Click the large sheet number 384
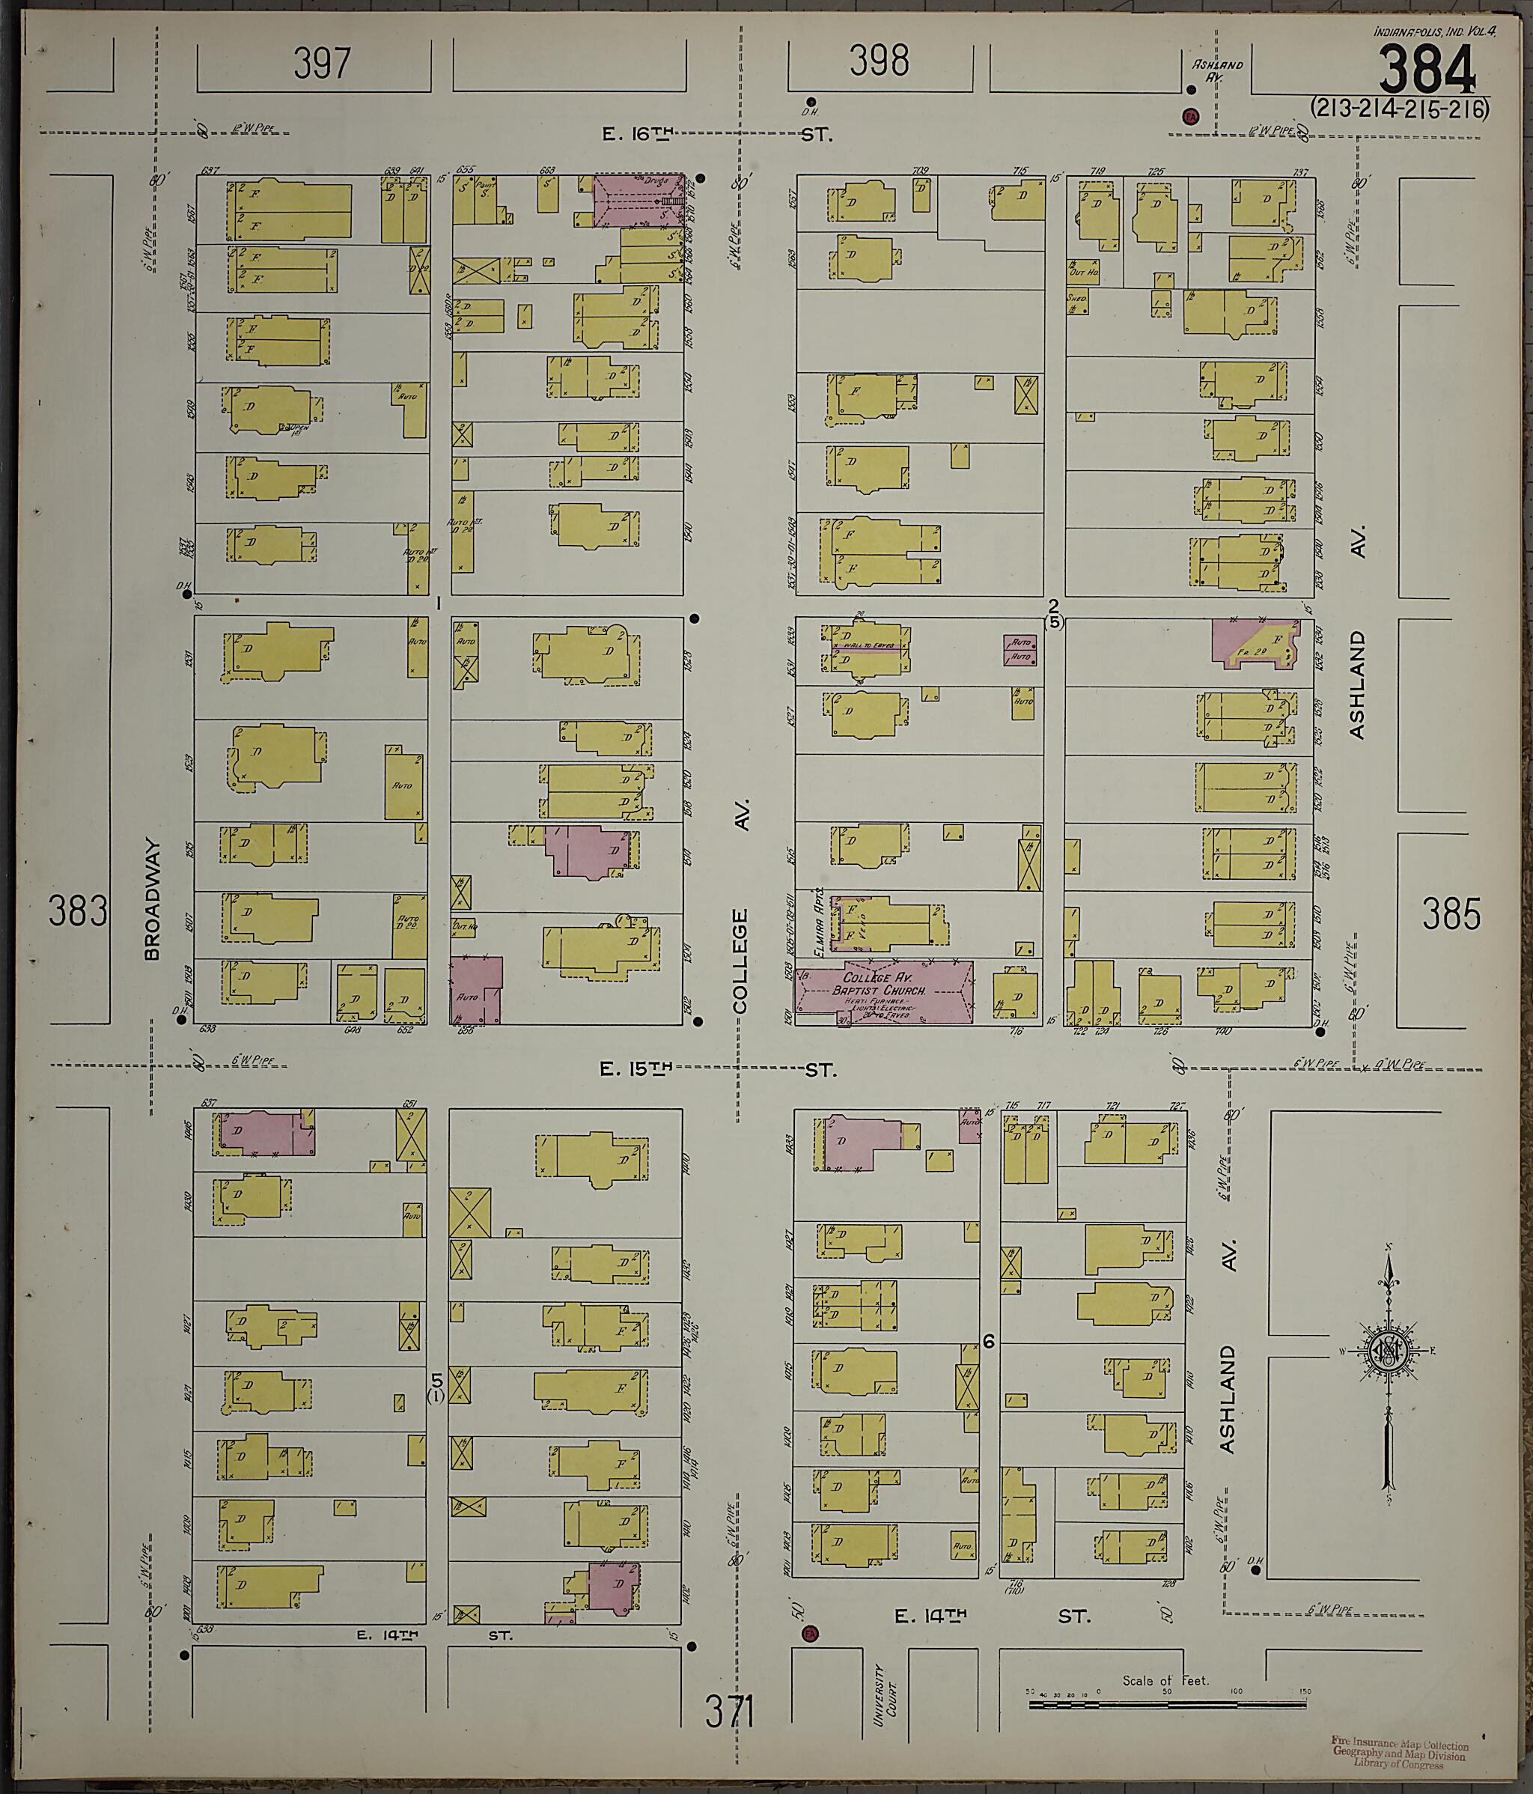1427,70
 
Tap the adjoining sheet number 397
322,63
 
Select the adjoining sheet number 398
879,61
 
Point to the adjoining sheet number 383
78,912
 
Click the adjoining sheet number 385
1450,914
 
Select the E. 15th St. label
719,1070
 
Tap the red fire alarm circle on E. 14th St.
810,1634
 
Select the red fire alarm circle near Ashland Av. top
1190,116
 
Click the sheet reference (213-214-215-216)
1399,109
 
